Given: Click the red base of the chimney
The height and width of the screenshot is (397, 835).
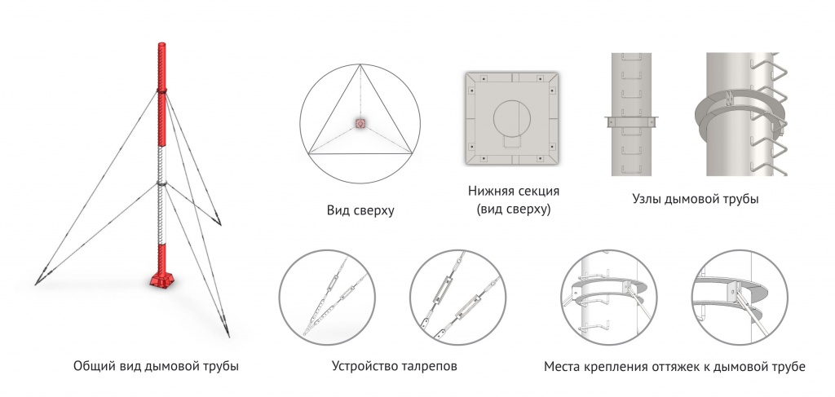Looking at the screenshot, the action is [x=161, y=279].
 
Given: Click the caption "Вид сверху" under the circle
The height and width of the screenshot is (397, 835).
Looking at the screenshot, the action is [x=360, y=211].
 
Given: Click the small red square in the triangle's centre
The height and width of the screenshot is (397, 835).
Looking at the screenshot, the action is [x=360, y=123].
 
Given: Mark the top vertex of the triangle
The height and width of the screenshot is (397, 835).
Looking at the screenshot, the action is [x=360, y=64].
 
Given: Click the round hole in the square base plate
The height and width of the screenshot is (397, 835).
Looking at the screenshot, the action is [x=512, y=117].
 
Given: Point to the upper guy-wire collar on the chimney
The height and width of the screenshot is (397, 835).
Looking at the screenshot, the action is [x=162, y=90].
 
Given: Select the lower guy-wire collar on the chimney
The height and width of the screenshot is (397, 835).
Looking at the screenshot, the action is [x=162, y=184].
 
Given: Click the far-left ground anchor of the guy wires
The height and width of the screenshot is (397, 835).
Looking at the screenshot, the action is [x=37, y=283].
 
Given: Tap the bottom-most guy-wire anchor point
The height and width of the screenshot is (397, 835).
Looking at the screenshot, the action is [x=228, y=335].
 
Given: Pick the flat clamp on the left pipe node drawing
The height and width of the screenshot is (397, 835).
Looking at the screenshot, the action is [x=632, y=121].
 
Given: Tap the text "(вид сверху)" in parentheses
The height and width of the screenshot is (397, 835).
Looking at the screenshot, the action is [x=514, y=210].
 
